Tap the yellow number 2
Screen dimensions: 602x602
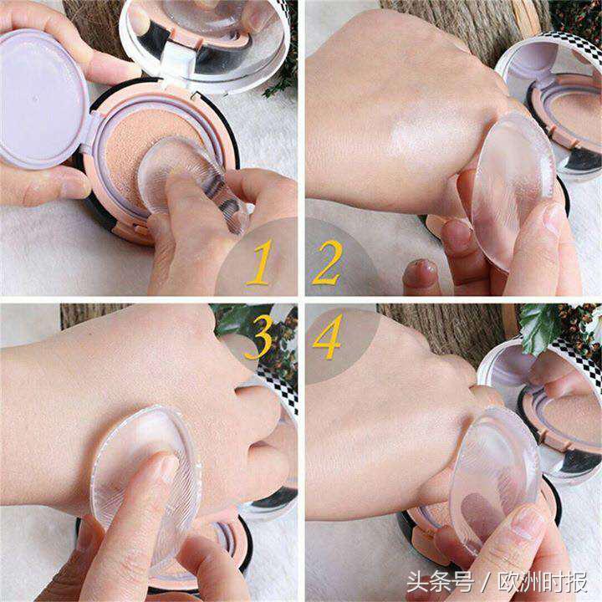pos(327,263)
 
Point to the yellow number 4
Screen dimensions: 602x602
pos(328,336)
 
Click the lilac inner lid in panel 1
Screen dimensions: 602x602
pos(43,99)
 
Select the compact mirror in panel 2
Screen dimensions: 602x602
pos(553,104)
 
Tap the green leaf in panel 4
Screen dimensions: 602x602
pos(540,326)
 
